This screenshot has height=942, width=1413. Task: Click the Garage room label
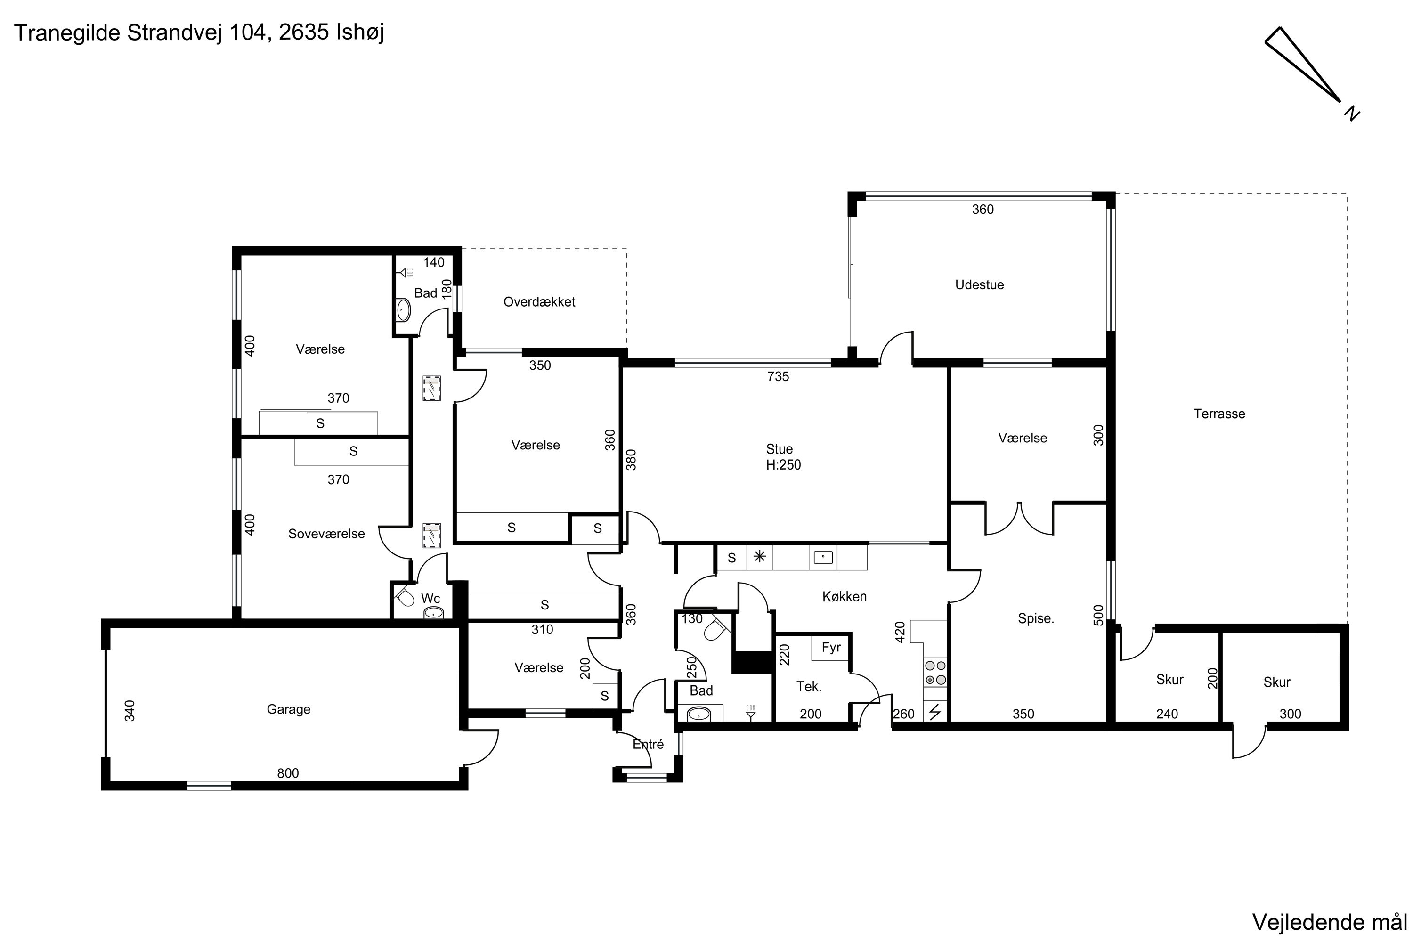[288, 709]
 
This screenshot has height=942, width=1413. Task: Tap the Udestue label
[979, 285]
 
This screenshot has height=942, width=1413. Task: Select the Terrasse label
[1219, 414]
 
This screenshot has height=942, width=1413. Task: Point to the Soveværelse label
[326, 534]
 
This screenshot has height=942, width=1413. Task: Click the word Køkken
[844, 597]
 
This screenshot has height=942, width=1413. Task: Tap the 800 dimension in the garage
[288, 773]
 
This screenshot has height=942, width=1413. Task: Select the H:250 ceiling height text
[783, 464]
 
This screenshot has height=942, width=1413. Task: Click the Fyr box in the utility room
[831, 648]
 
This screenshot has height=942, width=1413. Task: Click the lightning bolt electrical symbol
[935, 712]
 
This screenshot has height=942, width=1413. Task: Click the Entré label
[648, 744]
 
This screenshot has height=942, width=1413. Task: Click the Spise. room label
[1036, 619]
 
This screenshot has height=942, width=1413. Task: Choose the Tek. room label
[809, 686]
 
